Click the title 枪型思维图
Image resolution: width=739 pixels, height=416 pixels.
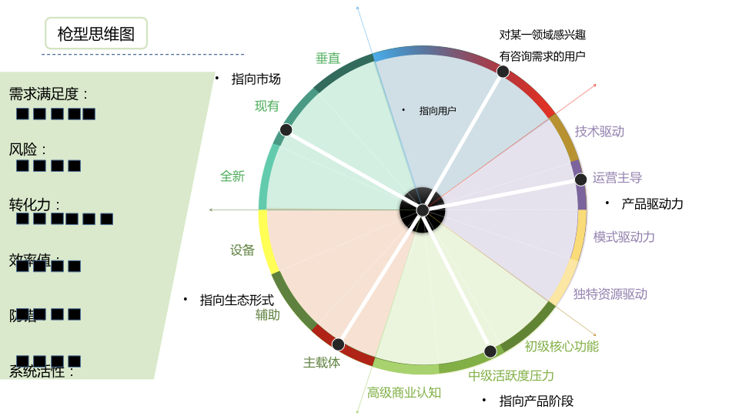pyautogui.click(x=95, y=34)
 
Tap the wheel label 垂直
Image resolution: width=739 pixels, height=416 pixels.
pyautogui.click(x=328, y=59)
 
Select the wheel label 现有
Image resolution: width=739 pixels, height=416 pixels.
pyautogui.click(x=267, y=106)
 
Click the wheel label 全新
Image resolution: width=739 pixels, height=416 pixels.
pyautogui.click(x=232, y=176)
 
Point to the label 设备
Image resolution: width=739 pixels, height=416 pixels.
pyautogui.click(x=242, y=250)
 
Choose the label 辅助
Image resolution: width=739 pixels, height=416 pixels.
pyautogui.click(x=268, y=315)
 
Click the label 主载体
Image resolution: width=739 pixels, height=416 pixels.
pyautogui.click(x=322, y=362)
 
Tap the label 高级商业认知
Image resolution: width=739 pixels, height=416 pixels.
pyautogui.click(x=404, y=393)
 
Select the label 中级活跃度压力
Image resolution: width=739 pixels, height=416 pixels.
pyautogui.click(x=511, y=376)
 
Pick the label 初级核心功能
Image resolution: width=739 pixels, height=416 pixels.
pyautogui.click(x=562, y=347)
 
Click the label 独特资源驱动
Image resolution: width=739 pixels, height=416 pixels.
pyautogui.click(x=610, y=294)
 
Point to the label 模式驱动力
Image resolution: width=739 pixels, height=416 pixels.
pyautogui.click(x=624, y=237)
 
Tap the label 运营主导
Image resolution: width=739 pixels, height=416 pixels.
pyautogui.click(x=617, y=178)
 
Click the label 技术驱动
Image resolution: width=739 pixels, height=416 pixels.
pyautogui.click(x=600, y=132)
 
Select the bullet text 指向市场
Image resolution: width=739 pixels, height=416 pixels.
pyautogui.click(x=256, y=79)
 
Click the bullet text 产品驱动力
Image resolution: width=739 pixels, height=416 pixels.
pyautogui.click(x=652, y=204)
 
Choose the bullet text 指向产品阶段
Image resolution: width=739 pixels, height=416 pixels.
pyautogui.click(x=537, y=401)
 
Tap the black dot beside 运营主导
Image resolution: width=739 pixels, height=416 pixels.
pyautogui.click(x=580, y=179)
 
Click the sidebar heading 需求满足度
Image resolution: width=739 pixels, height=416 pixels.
pyautogui.click(x=48, y=95)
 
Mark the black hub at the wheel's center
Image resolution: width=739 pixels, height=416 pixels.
pyautogui.click(x=423, y=210)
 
